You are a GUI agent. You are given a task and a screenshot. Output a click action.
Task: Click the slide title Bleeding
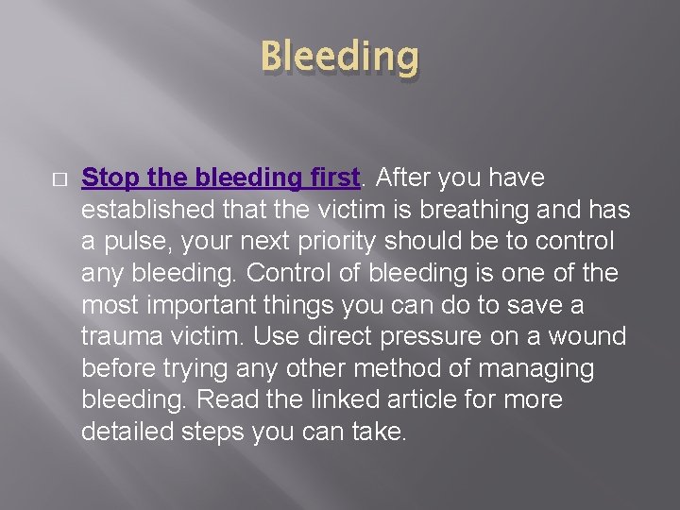tap(339, 58)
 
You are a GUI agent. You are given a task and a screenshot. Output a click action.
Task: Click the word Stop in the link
tap(110, 178)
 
